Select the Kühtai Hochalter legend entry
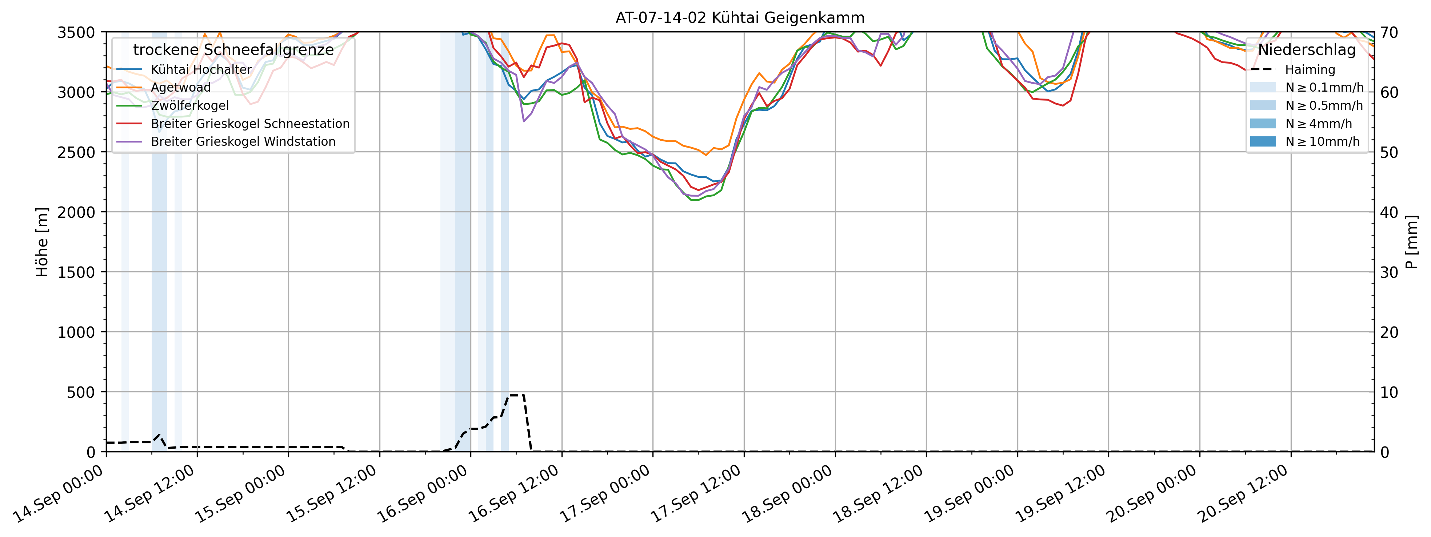pos(201,69)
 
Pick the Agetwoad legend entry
pos(180,88)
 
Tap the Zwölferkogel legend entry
pos(189,105)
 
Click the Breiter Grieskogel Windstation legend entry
pos(243,141)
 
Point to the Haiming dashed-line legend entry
pos(1309,69)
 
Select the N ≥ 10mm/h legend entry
pos(1322,141)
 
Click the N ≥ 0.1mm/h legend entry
pos(1324,88)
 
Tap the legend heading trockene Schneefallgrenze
pos(233,50)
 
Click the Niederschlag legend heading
pos(1307,50)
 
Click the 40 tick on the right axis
pos(1389,212)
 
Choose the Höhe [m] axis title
pos(42,242)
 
